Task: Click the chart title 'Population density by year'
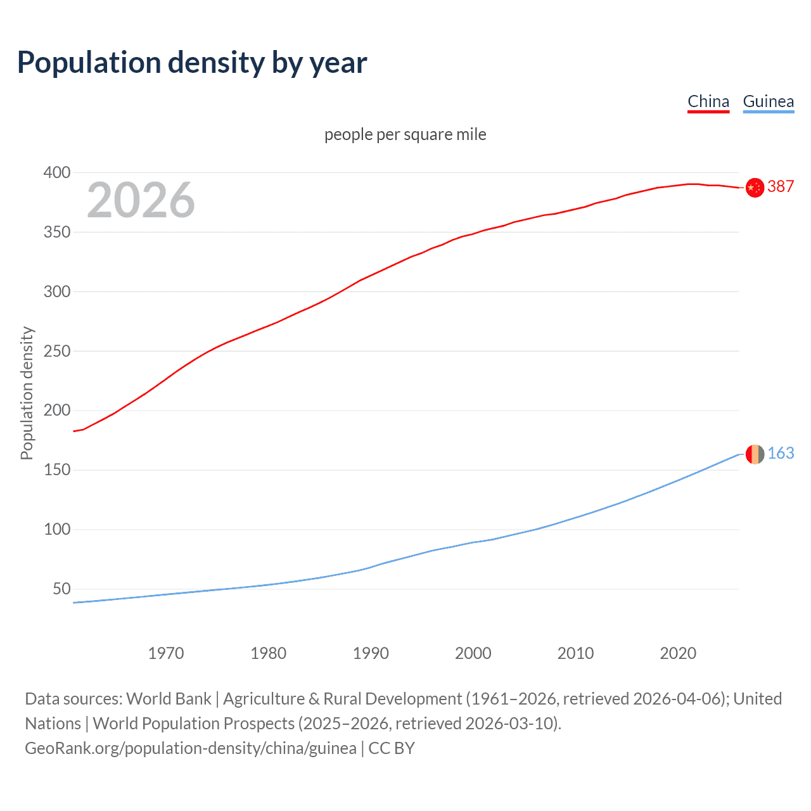pos(192,62)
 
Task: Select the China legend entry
pos(708,101)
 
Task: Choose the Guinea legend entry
pos(768,101)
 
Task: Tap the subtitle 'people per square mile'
pos(405,134)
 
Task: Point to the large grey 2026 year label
pos(141,200)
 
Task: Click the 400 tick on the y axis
pos(57,172)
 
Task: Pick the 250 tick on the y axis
pos(57,351)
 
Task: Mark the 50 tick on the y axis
pos(61,589)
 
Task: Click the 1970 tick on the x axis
pos(166,653)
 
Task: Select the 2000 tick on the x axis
pos(473,653)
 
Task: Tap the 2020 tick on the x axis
pos(678,653)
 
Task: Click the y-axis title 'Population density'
pos(27,393)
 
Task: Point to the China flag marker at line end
pos(754,188)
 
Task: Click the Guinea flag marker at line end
pos(754,454)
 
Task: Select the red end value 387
pos(781,186)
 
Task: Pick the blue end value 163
pos(781,453)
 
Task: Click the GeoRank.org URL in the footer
pos(190,748)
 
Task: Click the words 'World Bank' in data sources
pos(169,698)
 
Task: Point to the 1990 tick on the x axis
pos(371,653)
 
